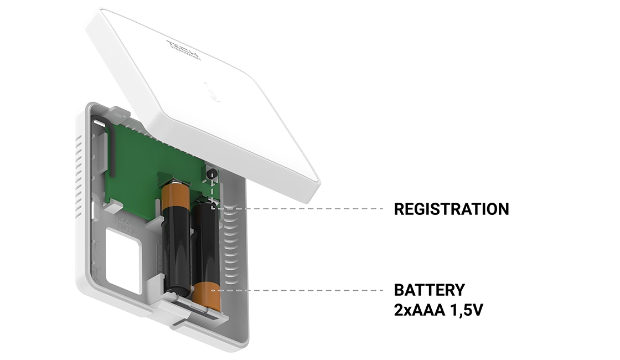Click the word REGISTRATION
coord(451,209)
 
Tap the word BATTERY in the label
coord(429,290)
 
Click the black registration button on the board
coord(211,174)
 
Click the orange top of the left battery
coord(175,195)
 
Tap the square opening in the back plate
coord(124,260)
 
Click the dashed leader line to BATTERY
coord(304,290)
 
